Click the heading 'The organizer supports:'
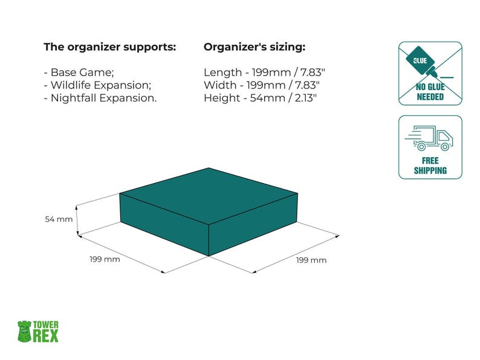click(x=110, y=47)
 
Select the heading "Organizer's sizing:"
click(x=255, y=47)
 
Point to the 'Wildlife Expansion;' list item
click(x=97, y=85)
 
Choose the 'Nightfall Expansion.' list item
click(x=100, y=97)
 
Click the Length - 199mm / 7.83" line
click(x=261, y=72)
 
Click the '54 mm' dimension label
click(x=59, y=219)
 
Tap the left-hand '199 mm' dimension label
click(x=105, y=259)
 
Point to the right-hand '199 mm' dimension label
click(x=311, y=260)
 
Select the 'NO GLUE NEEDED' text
click(x=430, y=92)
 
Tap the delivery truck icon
click(x=430, y=139)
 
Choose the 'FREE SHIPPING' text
click(x=430, y=166)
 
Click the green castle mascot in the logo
click(x=24, y=331)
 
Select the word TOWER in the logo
click(x=46, y=325)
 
